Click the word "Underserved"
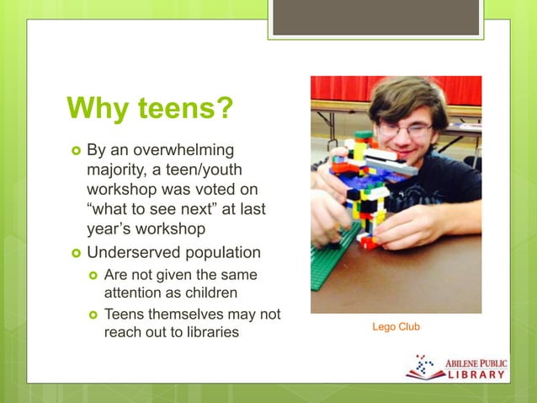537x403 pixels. (127, 253)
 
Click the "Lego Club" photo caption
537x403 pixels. (396, 326)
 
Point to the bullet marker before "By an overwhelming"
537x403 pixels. (76, 151)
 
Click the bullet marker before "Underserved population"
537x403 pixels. (76, 253)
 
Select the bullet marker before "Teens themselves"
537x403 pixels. (94, 314)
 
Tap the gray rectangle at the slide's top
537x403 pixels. (375, 18)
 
